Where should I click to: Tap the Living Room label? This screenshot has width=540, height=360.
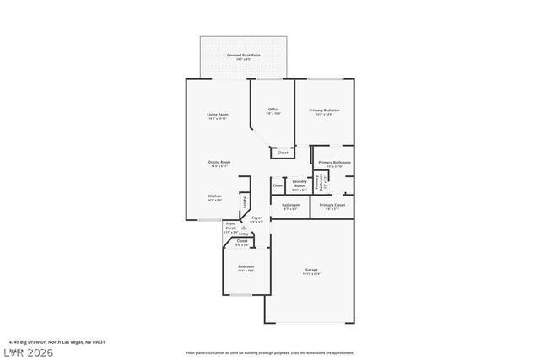click(x=218, y=115)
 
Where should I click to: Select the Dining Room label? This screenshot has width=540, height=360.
click(x=220, y=162)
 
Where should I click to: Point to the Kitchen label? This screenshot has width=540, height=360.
click(x=215, y=196)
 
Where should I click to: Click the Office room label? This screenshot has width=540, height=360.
click(x=273, y=110)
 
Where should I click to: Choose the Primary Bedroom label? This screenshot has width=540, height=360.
click(x=325, y=110)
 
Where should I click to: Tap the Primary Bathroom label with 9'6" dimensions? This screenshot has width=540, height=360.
click(x=335, y=162)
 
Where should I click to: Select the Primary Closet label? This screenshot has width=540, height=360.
click(x=332, y=205)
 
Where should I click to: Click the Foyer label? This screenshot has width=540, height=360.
click(x=256, y=218)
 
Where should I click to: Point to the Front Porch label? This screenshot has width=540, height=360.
click(x=231, y=228)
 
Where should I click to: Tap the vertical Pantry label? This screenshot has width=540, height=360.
click(x=245, y=201)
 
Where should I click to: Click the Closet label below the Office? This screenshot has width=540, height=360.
click(x=283, y=153)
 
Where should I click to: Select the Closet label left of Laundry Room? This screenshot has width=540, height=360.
click(x=278, y=185)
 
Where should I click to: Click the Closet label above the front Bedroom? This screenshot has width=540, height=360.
click(x=241, y=241)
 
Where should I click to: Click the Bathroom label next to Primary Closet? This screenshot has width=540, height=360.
click(x=290, y=205)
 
